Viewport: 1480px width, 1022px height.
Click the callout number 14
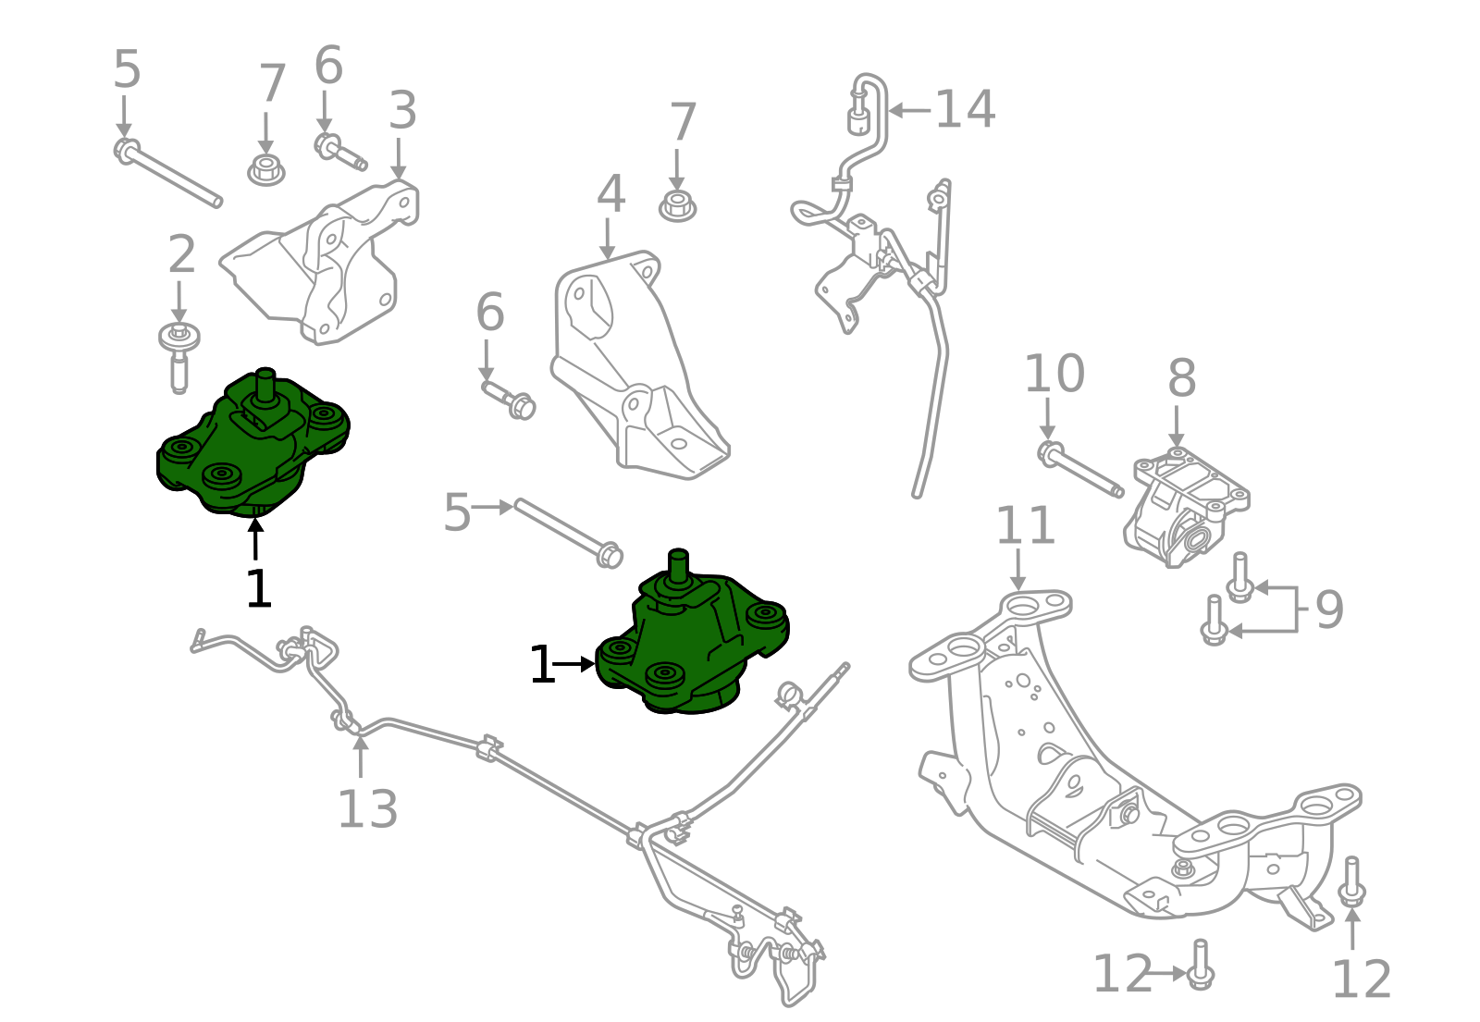(965, 109)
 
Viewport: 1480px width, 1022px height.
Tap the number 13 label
(367, 809)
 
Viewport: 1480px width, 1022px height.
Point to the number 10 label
(1054, 374)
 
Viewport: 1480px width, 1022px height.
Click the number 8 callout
(1181, 378)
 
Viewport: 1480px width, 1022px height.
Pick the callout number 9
(1329, 610)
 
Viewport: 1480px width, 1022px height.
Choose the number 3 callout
(402, 110)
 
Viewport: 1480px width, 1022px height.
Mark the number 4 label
(610, 194)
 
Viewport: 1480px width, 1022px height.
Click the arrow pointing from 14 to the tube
(908, 110)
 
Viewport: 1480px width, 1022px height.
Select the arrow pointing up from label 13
(361, 754)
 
